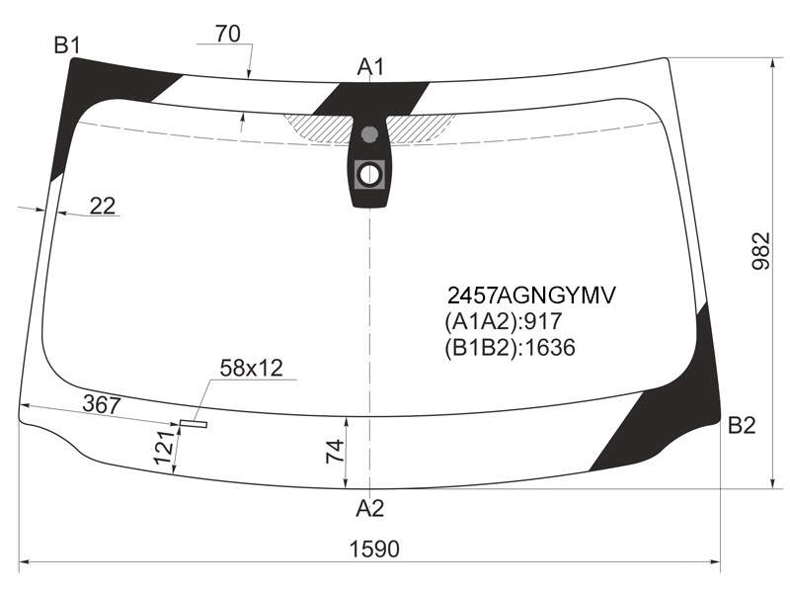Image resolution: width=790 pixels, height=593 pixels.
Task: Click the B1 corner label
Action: pyautogui.click(x=67, y=45)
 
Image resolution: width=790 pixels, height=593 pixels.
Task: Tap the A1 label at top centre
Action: pyautogui.click(x=370, y=66)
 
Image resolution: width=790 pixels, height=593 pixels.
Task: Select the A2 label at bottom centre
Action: pyautogui.click(x=369, y=508)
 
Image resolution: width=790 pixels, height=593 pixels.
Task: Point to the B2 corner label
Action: pyautogui.click(x=742, y=426)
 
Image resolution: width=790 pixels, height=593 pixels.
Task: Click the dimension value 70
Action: pyautogui.click(x=228, y=34)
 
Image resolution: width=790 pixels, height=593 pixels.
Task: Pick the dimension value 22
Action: pyautogui.click(x=103, y=206)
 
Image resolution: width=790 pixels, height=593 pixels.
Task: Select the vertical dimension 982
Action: pyautogui.click(x=761, y=251)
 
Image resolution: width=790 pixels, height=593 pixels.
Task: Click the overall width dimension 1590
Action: pyautogui.click(x=374, y=549)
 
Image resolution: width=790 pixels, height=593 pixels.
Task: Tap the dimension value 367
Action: pyautogui.click(x=102, y=404)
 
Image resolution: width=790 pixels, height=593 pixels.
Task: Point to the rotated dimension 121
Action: pyautogui.click(x=164, y=448)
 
